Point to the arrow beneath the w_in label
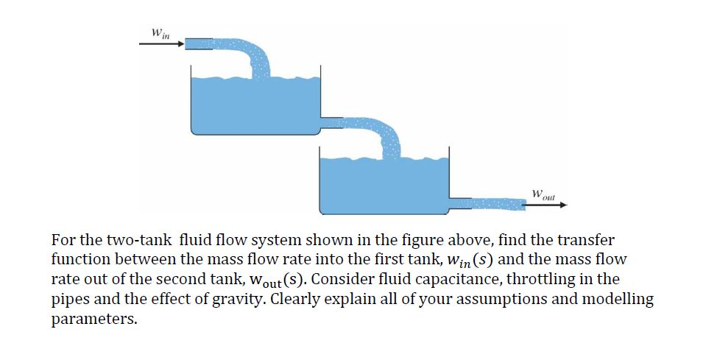click(x=161, y=43)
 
